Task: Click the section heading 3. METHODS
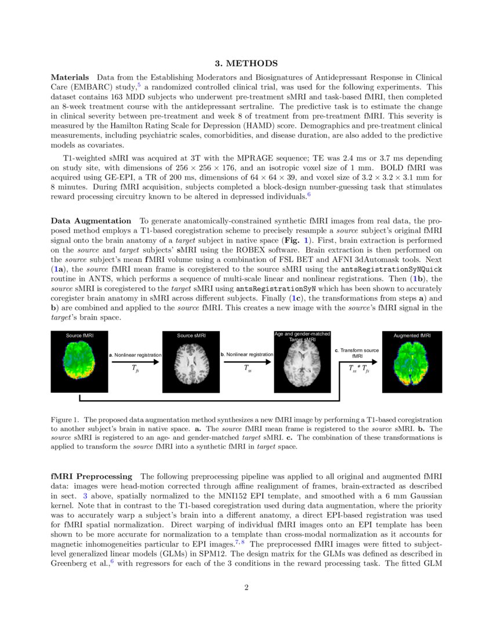tap(246, 63)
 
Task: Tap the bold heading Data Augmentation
tap(91, 221)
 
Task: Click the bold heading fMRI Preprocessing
tap(92, 476)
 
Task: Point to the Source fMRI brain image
tap(79, 361)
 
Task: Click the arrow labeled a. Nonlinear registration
tap(135, 361)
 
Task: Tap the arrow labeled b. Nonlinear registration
tap(246, 361)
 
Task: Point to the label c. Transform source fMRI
tap(357, 353)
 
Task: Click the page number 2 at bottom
tap(246, 588)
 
